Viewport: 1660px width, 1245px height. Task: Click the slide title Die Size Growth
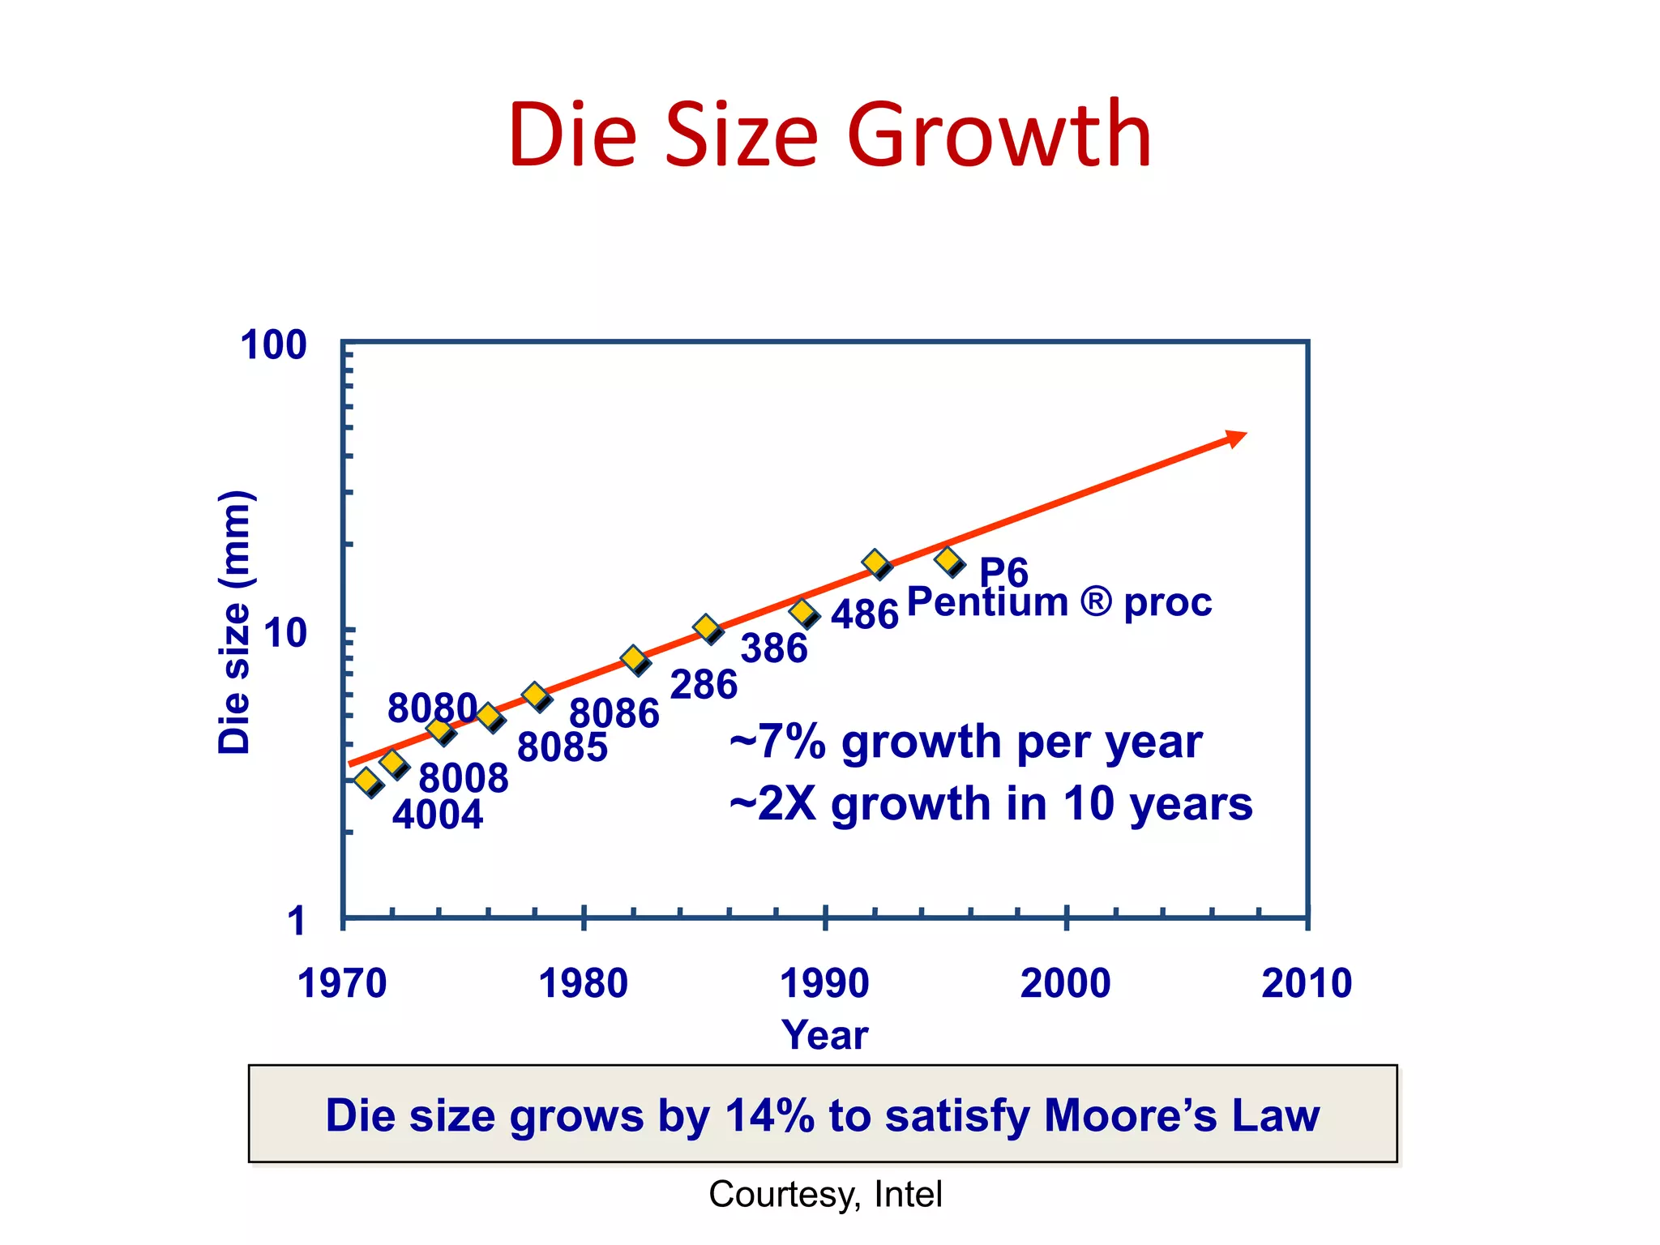point(829,134)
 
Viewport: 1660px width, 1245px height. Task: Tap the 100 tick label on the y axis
point(273,345)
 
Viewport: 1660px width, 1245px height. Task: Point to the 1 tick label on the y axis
point(297,922)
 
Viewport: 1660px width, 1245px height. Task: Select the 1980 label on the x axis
point(583,983)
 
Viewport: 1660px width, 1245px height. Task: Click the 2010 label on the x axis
point(1306,983)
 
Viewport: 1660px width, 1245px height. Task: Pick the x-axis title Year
point(824,1035)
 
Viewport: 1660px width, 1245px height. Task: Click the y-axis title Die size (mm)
point(235,622)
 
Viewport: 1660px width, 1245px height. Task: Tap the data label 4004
point(438,814)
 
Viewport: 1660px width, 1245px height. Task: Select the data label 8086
point(614,713)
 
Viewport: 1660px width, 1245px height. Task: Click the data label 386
point(774,648)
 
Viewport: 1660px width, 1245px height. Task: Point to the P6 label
point(1003,572)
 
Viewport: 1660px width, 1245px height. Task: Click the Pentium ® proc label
point(1059,602)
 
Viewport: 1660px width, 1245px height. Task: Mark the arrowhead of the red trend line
point(1236,438)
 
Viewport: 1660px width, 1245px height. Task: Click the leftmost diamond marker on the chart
point(367,781)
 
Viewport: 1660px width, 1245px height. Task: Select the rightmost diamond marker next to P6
point(948,560)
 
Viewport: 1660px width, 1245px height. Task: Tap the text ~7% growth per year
point(965,742)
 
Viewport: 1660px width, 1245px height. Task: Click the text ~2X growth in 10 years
point(990,803)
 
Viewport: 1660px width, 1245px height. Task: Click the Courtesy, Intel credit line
point(824,1194)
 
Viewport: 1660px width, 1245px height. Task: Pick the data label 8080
point(431,708)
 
